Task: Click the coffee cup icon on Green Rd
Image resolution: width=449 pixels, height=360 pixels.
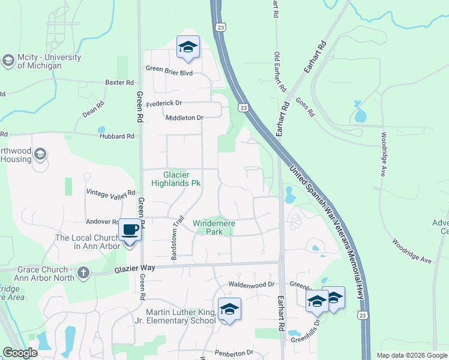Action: click(x=130, y=229)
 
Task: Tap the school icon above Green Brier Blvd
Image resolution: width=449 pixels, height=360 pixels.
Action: click(x=188, y=47)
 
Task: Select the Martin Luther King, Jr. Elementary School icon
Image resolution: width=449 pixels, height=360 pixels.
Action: click(x=229, y=309)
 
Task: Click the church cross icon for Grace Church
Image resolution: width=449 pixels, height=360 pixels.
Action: click(x=83, y=274)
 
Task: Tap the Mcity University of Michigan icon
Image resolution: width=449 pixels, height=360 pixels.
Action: click(x=8, y=61)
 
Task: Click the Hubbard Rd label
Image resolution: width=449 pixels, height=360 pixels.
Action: click(x=118, y=136)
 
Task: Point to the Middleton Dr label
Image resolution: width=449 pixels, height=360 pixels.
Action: click(x=184, y=118)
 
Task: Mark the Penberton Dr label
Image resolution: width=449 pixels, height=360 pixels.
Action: click(x=232, y=352)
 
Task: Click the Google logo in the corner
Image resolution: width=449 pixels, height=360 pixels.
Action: click(x=20, y=353)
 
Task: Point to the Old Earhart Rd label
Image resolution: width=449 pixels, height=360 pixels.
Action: click(x=280, y=73)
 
